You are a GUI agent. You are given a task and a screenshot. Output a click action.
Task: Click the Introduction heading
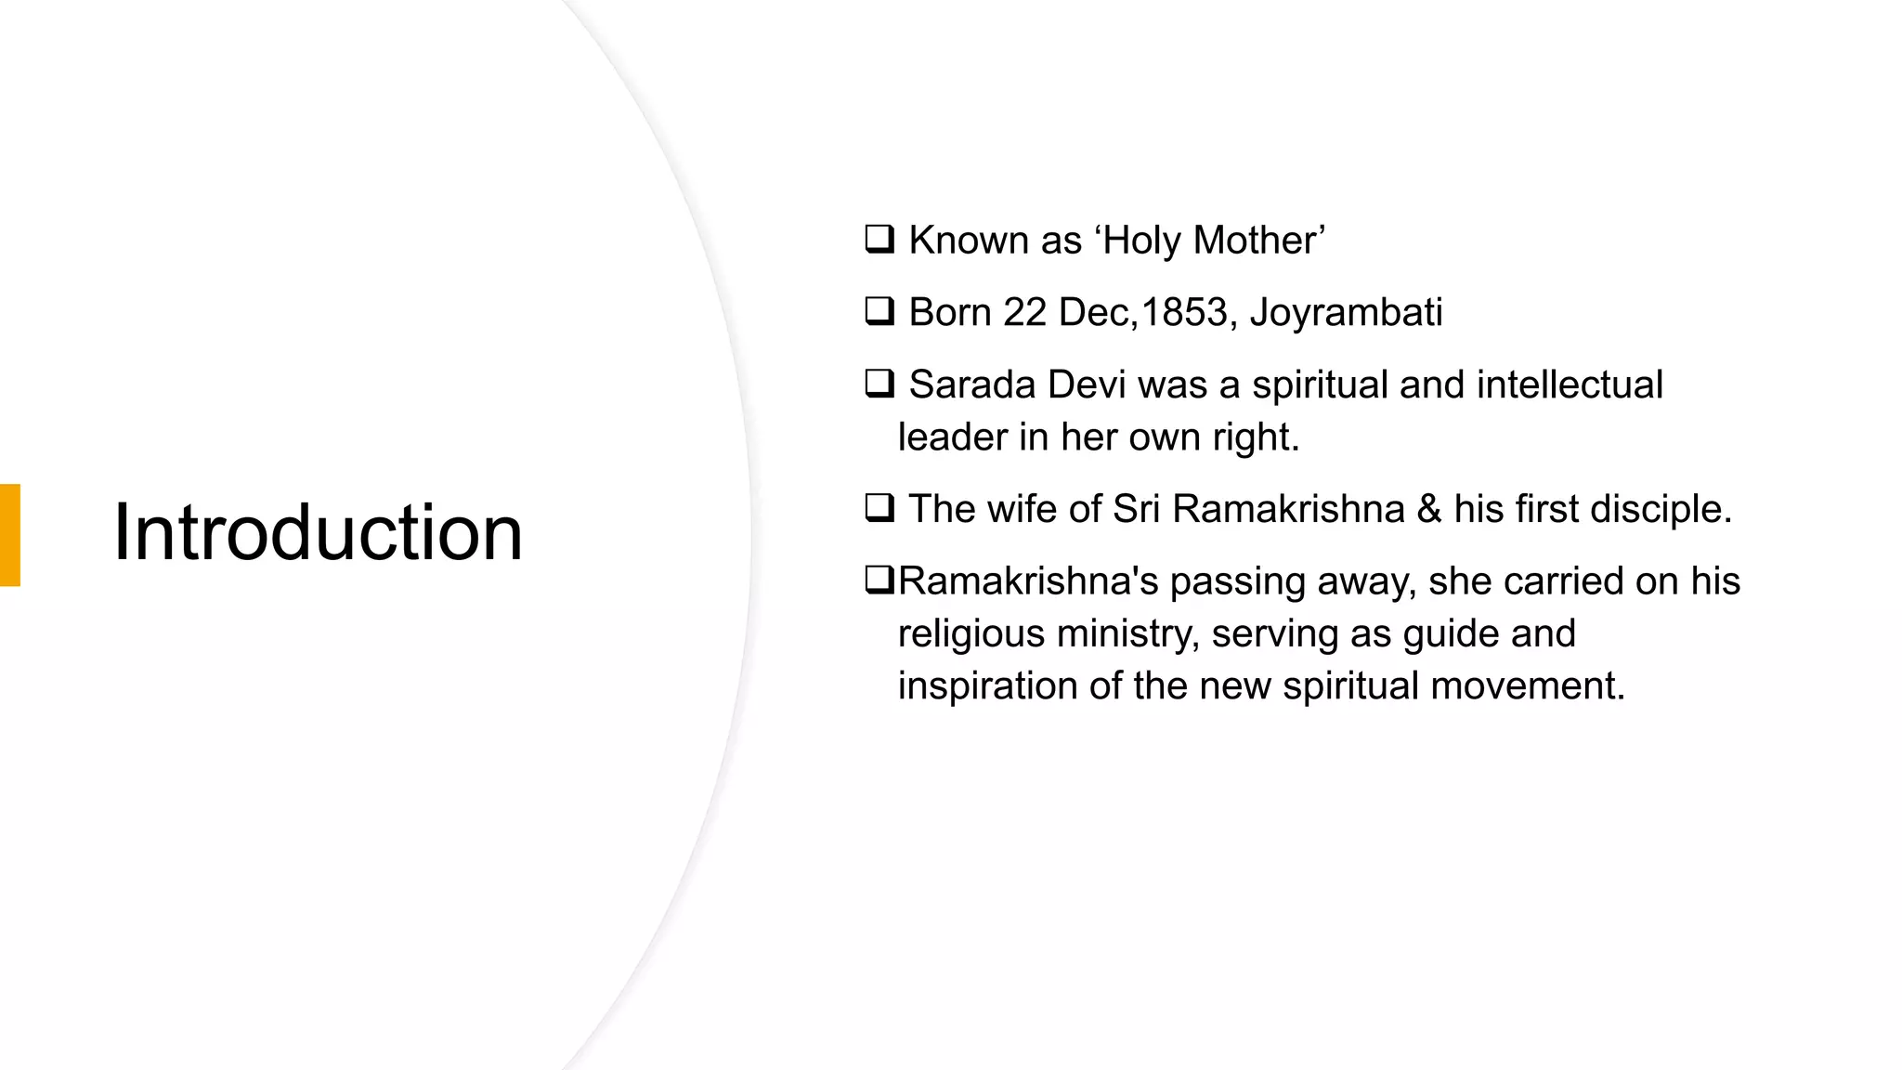[x=318, y=533]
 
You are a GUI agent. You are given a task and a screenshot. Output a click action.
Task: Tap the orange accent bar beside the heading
[x=10, y=535]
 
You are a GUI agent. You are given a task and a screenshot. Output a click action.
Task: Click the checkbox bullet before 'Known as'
[x=879, y=239]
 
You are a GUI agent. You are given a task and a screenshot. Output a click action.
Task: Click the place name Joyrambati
[x=1346, y=313]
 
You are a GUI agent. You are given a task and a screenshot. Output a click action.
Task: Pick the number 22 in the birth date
[x=1024, y=312]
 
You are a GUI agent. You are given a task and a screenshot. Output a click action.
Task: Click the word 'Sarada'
[x=972, y=385]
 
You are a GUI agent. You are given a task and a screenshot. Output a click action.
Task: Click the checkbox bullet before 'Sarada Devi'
[x=879, y=383]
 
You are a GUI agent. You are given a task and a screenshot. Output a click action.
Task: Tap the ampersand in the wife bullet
[x=1428, y=509]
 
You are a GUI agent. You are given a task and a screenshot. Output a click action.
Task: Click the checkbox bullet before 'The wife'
[x=879, y=507]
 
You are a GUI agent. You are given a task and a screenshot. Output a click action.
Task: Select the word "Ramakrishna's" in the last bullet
[x=1028, y=581]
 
